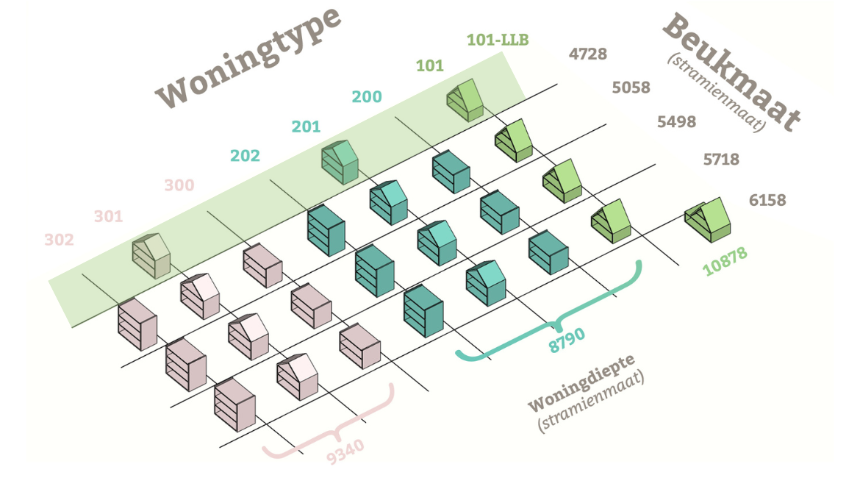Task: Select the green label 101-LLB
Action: point(498,40)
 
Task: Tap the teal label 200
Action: point(367,97)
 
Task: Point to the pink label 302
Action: point(59,240)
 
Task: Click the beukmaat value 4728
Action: point(588,54)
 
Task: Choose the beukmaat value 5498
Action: point(676,122)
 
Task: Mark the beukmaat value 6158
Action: point(767,199)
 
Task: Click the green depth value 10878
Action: point(725,262)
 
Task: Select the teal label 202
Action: point(245,156)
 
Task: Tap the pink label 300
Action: point(179,185)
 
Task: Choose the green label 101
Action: point(430,65)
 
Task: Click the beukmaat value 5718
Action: point(721,159)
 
